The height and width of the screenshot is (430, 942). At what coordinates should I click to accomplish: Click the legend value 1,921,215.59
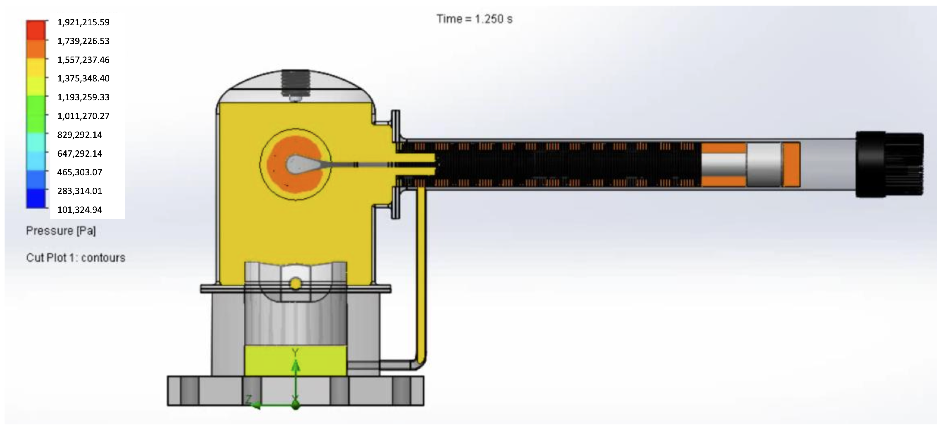pos(83,22)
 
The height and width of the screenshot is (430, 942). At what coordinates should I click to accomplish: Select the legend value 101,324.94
pos(80,210)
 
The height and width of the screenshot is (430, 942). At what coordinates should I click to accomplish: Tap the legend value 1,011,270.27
pos(83,116)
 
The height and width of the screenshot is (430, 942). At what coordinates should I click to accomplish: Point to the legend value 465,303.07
pos(80,172)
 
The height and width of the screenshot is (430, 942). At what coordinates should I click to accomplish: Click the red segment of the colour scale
pos(36,30)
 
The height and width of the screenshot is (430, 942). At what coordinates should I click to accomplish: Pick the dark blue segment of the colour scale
pos(36,199)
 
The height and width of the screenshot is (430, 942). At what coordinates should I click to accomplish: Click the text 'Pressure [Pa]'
pos(61,231)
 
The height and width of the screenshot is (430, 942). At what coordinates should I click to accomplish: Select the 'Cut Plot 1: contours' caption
pos(76,258)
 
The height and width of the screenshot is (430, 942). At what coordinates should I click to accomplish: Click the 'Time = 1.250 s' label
pos(475,19)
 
